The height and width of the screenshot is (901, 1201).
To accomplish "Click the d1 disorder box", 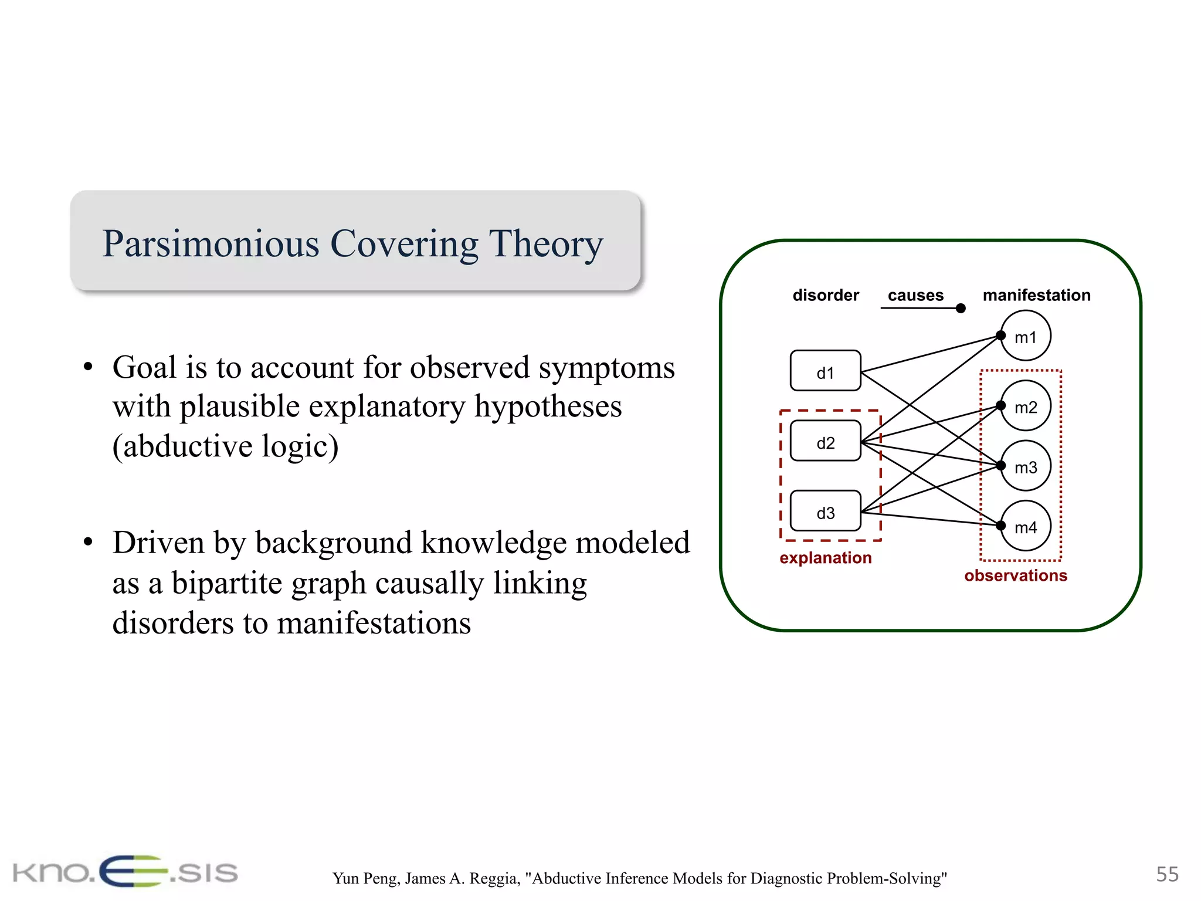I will (825, 371).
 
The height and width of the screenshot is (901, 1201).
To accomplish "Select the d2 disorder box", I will (825, 441).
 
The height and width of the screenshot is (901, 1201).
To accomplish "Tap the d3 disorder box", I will (825, 512).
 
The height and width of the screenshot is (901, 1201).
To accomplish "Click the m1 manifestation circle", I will (1026, 336).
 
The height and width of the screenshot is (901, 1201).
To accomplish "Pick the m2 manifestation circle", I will (1026, 407).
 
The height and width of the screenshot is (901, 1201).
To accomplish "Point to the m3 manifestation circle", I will (1026, 466).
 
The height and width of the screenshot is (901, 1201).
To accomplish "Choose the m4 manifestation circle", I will (1026, 527).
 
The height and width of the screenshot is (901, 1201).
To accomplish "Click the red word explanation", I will (825, 558).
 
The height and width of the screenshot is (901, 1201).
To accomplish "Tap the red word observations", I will (1016, 575).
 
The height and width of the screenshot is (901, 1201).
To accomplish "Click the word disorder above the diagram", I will (825, 295).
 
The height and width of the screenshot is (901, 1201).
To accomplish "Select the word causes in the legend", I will (915, 295).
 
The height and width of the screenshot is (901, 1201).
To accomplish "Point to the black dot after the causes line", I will (961, 309).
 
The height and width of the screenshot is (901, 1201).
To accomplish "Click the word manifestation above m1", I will (1036, 295).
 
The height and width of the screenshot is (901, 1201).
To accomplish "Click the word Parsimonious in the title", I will (211, 243).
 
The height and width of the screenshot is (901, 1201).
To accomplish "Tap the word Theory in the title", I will (546, 243).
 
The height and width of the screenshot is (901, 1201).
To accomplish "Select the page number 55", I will (1167, 874).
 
